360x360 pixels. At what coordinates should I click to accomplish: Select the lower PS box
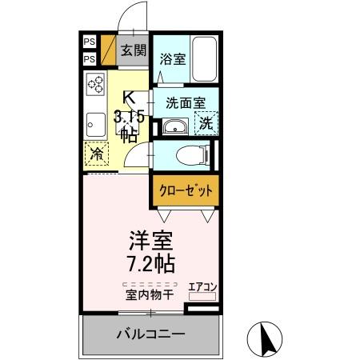click(x=89, y=59)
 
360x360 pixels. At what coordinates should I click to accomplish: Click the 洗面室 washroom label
click(x=186, y=102)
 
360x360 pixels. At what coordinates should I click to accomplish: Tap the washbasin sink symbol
click(x=174, y=127)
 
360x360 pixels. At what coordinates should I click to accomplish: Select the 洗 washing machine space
click(x=206, y=124)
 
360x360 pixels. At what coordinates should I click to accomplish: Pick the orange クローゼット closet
click(x=185, y=191)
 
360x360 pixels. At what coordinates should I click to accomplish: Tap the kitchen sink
click(x=96, y=125)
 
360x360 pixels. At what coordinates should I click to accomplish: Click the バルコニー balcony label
click(x=150, y=333)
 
